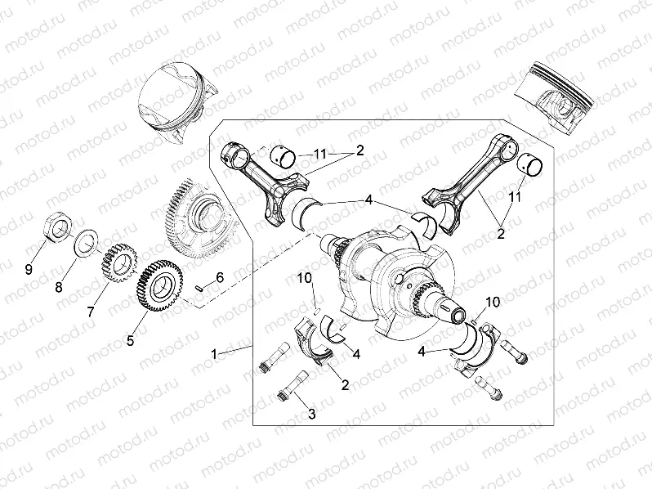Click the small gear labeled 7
point(116,264)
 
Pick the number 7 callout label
point(92,312)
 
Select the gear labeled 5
point(159,283)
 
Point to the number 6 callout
point(218,279)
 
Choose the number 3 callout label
point(310,415)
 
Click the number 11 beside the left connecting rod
point(319,153)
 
